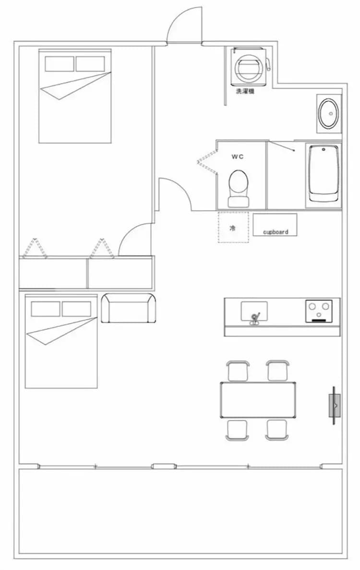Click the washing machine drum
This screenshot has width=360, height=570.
(x=248, y=67)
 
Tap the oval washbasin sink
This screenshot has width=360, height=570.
(x=329, y=113)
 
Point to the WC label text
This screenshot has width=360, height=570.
(x=238, y=157)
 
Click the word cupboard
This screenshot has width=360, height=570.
(x=276, y=232)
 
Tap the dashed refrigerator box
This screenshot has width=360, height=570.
(x=233, y=227)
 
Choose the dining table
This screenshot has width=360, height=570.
(x=258, y=400)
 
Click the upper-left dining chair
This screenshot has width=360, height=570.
(x=238, y=371)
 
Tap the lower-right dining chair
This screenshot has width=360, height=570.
(x=277, y=430)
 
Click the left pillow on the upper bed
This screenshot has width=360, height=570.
(x=60, y=64)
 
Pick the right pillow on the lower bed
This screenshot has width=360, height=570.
(x=76, y=309)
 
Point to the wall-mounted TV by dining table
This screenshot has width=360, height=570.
(x=335, y=405)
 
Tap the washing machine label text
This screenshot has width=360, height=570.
(x=245, y=91)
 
